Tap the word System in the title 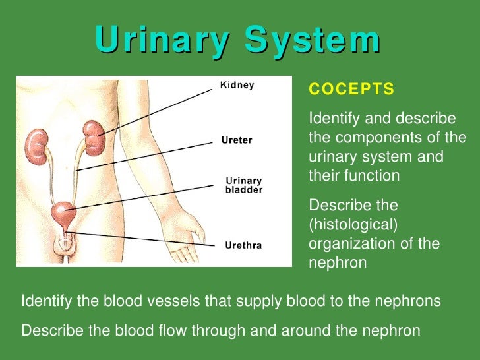coord(313,41)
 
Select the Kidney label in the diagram coord(236,86)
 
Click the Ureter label coord(236,140)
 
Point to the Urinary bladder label coord(244,185)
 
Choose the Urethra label coord(244,245)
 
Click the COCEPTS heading coord(351,89)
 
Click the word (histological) coord(353,224)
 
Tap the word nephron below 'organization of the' coord(336,263)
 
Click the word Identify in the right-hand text coord(332,119)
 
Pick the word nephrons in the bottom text coord(409,301)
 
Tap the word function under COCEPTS coord(375,176)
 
